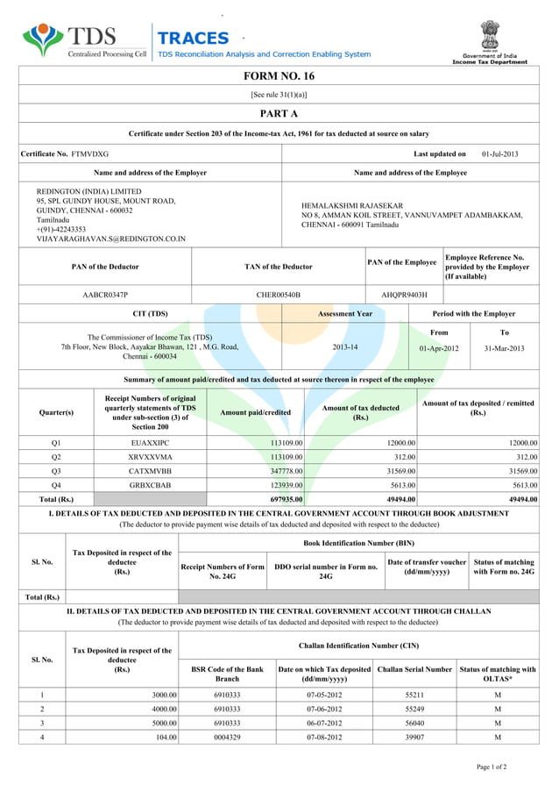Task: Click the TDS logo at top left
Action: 84,41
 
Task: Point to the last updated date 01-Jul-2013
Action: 499,154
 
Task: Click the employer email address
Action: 110,239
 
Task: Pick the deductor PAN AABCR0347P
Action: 105,296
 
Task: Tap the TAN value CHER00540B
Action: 278,296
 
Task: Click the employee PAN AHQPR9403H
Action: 404,296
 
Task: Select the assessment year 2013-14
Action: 345,347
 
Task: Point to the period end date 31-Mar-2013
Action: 504,348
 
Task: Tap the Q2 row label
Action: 56,457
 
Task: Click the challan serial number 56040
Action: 415,724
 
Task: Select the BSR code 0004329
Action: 227,738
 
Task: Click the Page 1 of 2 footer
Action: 491,767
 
